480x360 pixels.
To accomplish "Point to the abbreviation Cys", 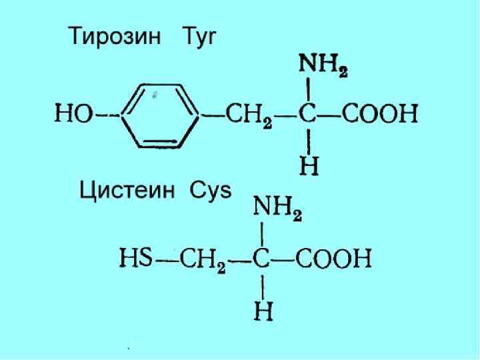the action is [210, 191].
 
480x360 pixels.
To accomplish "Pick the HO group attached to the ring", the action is [73, 115].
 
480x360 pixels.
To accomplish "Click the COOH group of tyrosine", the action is [380, 114].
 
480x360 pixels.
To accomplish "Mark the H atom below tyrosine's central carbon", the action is [309, 165].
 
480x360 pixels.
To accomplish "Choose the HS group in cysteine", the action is [135, 256].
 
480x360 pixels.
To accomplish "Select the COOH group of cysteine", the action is [333, 257].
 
